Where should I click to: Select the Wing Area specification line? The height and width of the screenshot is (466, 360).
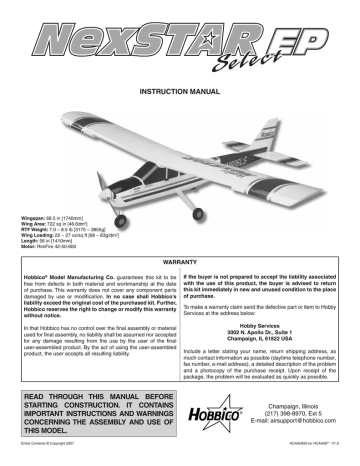click(x=51, y=222)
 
